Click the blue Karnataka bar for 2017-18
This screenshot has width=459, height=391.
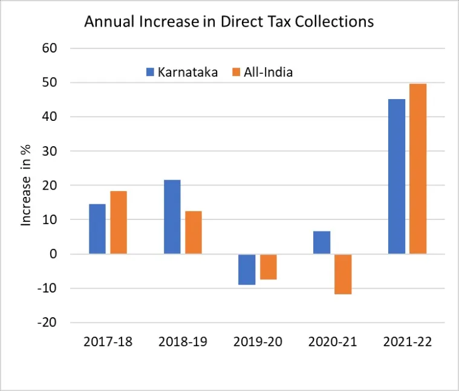point(97,229)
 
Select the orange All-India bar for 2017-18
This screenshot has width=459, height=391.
point(119,222)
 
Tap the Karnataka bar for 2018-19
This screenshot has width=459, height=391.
point(172,217)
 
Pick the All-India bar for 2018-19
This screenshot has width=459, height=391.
point(194,233)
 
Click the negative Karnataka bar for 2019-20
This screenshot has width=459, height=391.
point(247,269)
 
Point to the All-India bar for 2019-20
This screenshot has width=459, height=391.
point(269,267)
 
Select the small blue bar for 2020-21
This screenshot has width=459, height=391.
point(322,242)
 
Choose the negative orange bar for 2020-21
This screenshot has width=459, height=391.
point(343,274)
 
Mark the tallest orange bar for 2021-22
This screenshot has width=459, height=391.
point(418,169)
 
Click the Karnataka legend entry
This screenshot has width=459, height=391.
point(182,73)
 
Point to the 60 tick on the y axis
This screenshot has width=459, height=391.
point(49,48)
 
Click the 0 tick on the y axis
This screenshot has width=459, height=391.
point(53,254)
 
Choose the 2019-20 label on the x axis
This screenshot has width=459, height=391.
point(258,341)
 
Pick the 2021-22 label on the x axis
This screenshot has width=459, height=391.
point(408,341)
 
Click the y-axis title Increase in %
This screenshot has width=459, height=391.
point(26,186)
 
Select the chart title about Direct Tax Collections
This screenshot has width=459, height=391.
point(229,22)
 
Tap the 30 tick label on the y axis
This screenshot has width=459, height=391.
point(49,151)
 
